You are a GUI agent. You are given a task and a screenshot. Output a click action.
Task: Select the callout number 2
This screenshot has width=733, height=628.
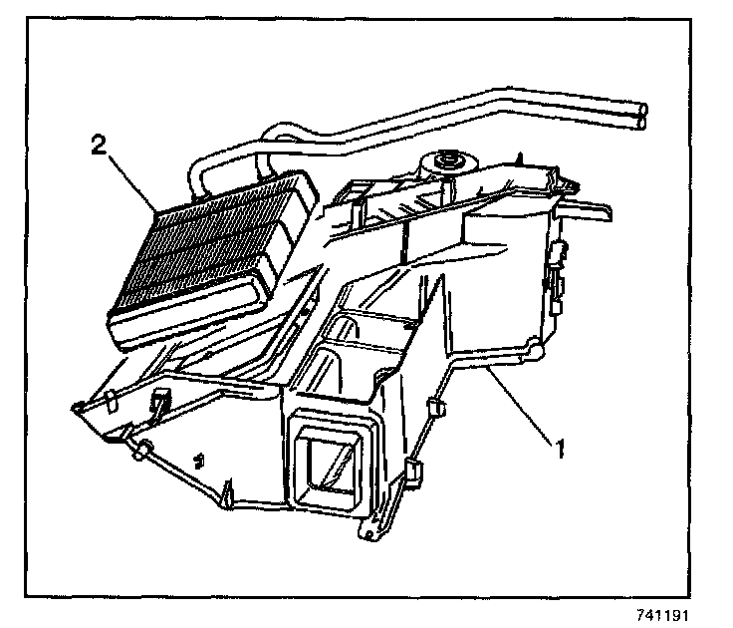tap(99, 146)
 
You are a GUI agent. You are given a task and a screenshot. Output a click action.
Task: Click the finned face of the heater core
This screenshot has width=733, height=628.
tap(199, 249)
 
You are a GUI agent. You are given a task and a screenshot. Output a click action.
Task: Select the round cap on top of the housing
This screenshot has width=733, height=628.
tap(444, 160)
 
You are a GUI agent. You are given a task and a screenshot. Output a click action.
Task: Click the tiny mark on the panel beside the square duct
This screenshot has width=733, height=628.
tap(201, 459)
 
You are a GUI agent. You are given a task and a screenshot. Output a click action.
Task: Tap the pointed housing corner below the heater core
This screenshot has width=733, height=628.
tap(78, 406)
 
